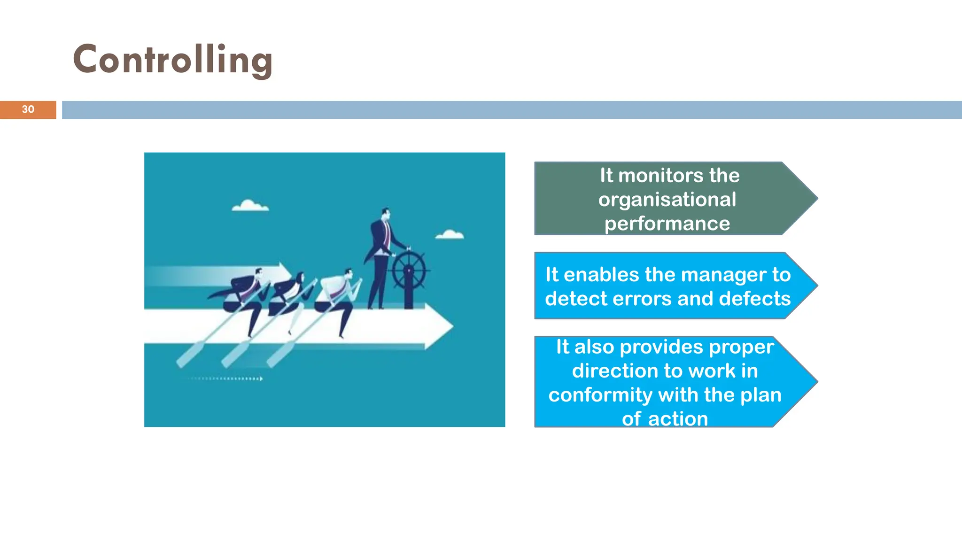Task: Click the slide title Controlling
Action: tap(172, 60)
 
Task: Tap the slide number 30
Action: tap(28, 109)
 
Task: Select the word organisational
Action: tap(667, 200)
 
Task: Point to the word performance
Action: tap(667, 224)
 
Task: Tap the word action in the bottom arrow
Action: tap(678, 419)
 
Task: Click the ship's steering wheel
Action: tap(409, 271)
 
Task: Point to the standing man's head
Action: tap(385, 214)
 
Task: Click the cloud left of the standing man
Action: tap(250, 206)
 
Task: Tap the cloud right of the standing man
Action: tap(450, 234)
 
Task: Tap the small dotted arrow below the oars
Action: tap(225, 379)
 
